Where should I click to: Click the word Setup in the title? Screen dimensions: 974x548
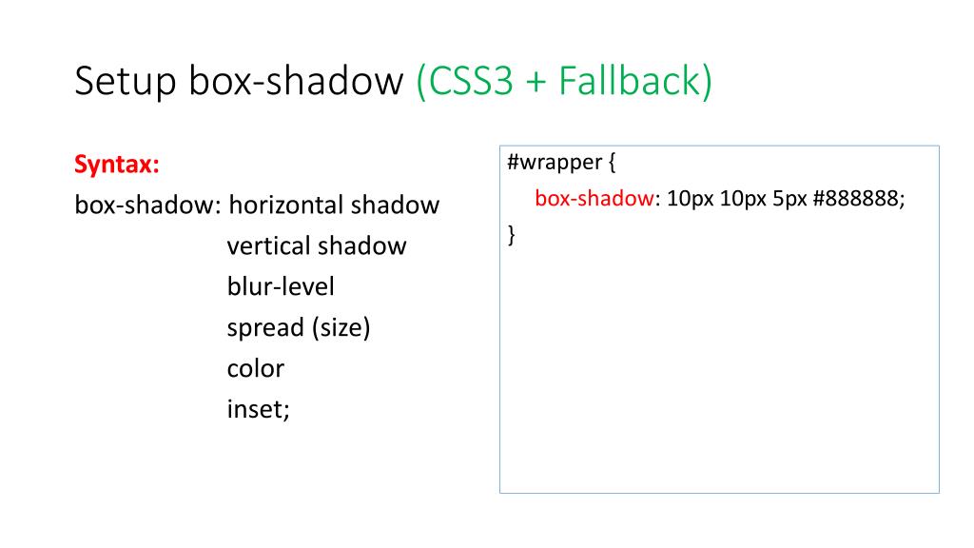pos(124,83)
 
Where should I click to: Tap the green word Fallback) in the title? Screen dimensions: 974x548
pos(634,82)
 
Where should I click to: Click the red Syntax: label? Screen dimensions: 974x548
pos(116,165)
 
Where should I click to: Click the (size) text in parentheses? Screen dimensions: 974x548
pos(341,328)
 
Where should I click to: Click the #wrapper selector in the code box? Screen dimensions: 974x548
pos(551,164)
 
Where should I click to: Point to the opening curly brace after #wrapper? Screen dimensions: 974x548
pos(613,164)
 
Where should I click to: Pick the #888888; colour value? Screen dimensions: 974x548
pos(860,199)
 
